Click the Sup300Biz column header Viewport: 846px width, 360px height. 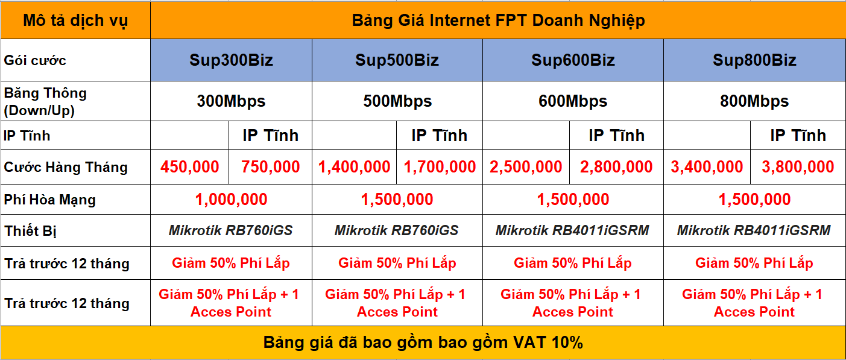(231, 60)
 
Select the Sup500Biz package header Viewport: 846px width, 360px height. (397, 60)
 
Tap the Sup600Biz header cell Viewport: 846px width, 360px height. (573, 60)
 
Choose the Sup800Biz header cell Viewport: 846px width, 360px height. (754, 60)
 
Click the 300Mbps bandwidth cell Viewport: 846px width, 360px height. (231, 101)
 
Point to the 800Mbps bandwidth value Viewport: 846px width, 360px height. (754, 101)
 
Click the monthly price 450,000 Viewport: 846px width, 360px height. (190, 167)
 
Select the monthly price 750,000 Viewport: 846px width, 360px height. (271, 167)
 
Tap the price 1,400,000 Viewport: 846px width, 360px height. (354, 167)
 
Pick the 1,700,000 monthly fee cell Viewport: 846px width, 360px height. (440, 167)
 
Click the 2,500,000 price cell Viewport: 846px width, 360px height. (526, 167)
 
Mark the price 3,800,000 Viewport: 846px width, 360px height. (798, 167)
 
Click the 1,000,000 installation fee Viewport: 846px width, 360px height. (231, 200)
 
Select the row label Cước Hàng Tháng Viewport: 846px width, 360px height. (66, 167)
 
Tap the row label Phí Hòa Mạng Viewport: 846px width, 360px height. (50, 200)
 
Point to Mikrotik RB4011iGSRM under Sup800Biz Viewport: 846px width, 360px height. (754, 230)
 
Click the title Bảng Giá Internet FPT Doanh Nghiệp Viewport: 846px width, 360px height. (498, 21)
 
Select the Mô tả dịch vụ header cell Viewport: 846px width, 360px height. (75, 21)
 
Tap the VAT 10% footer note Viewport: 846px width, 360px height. (423, 343)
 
